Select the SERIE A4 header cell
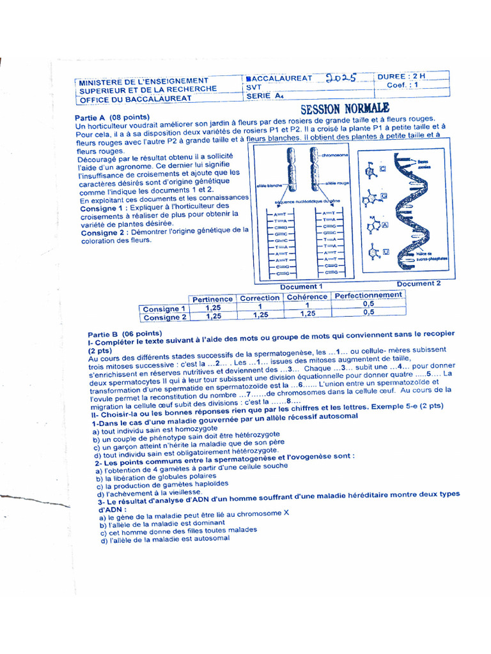click(x=264, y=97)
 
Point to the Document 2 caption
click(x=419, y=284)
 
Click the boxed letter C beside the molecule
click(x=382, y=169)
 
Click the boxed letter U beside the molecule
click(x=386, y=253)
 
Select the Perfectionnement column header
click(x=369, y=295)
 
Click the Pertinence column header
click(x=212, y=298)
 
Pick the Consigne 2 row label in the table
click(x=164, y=317)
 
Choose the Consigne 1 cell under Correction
click(x=260, y=307)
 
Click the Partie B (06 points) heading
click(x=125, y=334)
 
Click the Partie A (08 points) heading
click(x=112, y=118)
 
